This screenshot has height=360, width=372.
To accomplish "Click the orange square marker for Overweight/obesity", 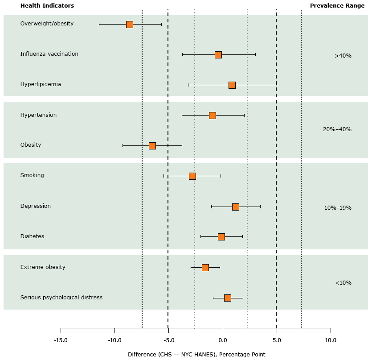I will tap(130, 25).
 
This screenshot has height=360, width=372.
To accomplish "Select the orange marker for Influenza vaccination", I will tap(218, 55).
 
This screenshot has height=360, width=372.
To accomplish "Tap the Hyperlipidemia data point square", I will tap(232, 85).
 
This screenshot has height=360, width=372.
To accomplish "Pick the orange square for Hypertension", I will tap(213, 116).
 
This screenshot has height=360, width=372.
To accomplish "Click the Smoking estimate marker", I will tap(192, 176).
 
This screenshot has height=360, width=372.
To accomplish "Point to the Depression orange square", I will tap(236, 207).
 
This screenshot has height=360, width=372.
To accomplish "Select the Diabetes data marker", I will tap(221, 237).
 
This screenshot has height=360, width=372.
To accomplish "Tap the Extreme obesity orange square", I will tap(205, 268).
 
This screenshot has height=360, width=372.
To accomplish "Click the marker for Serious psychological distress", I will tap(228, 298).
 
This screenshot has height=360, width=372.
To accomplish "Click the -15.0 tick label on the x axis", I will tap(61, 340).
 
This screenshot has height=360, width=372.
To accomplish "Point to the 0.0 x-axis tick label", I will tap(222, 340).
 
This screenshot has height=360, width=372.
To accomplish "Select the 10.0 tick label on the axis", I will tap(331, 340).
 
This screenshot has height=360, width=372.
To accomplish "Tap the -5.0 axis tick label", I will tap(168, 340).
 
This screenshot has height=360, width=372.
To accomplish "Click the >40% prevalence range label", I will tap(343, 56).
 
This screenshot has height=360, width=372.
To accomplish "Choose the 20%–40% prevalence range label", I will tap(337, 129).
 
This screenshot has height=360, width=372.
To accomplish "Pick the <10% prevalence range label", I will tap(343, 283).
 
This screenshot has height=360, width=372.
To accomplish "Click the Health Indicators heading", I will tap(47, 6).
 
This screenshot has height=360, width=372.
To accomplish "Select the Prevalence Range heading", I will tap(337, 6).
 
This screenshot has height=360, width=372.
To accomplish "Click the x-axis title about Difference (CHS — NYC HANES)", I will tap(196, 355).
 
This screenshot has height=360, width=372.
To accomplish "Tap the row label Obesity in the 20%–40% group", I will tap(31, 145).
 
